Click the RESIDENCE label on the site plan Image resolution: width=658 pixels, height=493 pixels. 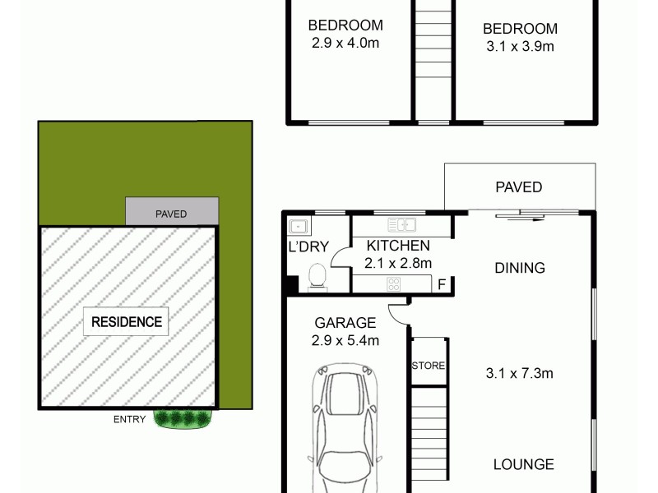(x=126, y=321)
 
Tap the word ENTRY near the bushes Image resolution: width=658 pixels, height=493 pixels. (x=129, y=420)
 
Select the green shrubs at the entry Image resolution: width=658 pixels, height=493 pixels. (x=183, y=419)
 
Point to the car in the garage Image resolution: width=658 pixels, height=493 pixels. (x=345, y=435)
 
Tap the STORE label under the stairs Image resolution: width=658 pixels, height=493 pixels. (x=429, y=366)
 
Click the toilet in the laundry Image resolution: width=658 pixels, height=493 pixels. (x=317, y=279)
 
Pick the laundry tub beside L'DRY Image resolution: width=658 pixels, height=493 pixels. (x=296, y=226)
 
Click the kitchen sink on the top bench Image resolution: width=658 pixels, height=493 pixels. (x=402, y=224)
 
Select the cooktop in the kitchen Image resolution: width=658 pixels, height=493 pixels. (x=393, y=284)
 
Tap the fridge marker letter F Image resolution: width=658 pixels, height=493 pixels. (x=442, y=285)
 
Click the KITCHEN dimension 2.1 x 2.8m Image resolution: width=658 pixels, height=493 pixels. (x=398, y=263)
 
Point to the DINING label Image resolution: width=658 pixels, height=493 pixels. (x=519, y=268)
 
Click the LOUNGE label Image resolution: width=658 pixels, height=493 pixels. (x=523, y=464)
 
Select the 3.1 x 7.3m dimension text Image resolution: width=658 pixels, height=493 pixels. (x=519, y=374)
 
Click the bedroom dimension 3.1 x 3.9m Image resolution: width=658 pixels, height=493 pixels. (x=519, y=47)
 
